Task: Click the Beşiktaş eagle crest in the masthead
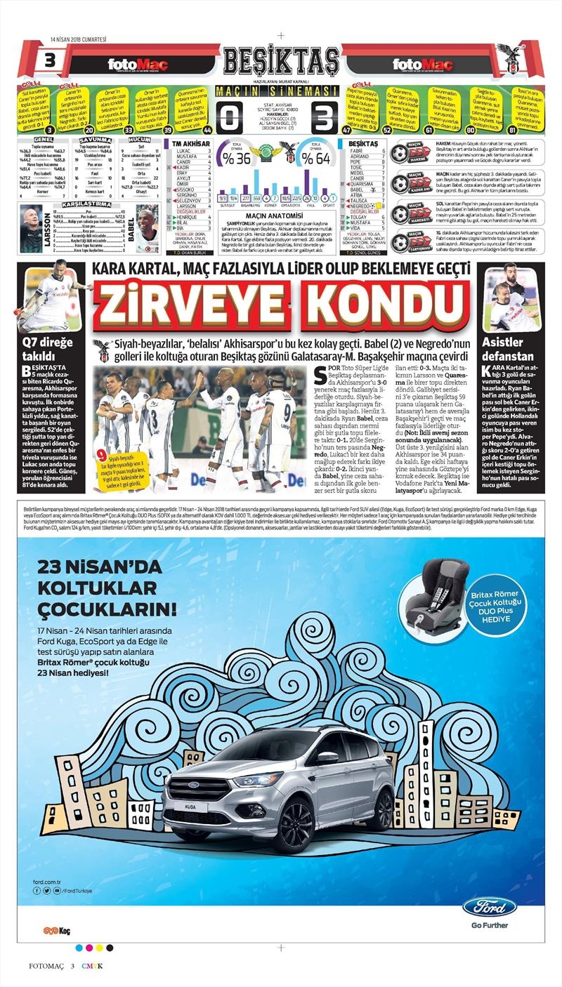[x=511, y=58]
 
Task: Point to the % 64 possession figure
[x=319, y=159]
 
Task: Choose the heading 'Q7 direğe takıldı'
[x=43, y=348]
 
